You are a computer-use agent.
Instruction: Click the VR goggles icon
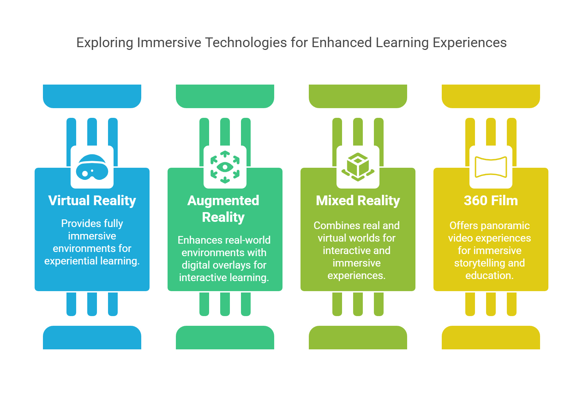(x=92, y=167)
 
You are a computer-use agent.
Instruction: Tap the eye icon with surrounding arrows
(x=225, y=167)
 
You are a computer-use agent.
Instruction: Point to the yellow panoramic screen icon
(x=491, y=167)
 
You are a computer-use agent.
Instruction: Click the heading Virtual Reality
(x=92, y=201)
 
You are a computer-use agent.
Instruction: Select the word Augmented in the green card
(x=223, y=201)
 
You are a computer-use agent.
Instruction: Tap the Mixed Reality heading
(x=358, y=201)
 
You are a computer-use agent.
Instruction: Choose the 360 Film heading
(x=491, y=201)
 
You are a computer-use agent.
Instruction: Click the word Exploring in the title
(x=105, y=43)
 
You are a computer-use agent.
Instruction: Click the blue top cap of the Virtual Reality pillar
(x=92, y=96)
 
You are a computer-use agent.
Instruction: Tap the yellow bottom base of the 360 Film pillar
(x=491, y=338)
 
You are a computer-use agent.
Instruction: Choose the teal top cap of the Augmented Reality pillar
(x=225, y=96)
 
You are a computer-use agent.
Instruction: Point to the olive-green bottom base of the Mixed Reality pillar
(x=358, y=338)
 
